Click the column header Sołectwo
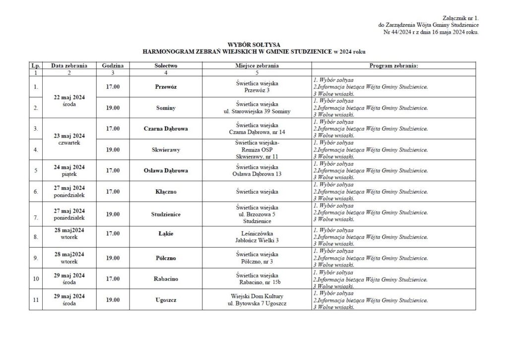tap(166, 66)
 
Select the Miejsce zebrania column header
tap(256, 66)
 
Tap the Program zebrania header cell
tap(394, 66)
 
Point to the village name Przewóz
tap(166, 86)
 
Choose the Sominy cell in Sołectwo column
tap(166, 107)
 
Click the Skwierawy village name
tap(166, 149)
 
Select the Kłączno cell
tap(166, 191)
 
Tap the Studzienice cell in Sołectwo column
tap(166, 214)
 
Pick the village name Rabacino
tap(166, 279)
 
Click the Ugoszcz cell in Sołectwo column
tap(166, 299)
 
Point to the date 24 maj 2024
tap(69, 167)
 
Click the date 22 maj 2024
tap(69, 97)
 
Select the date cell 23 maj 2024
tap(69, 136)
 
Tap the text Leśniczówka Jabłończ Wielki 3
tap(256, 236)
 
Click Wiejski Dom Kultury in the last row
tap(256, 296)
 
